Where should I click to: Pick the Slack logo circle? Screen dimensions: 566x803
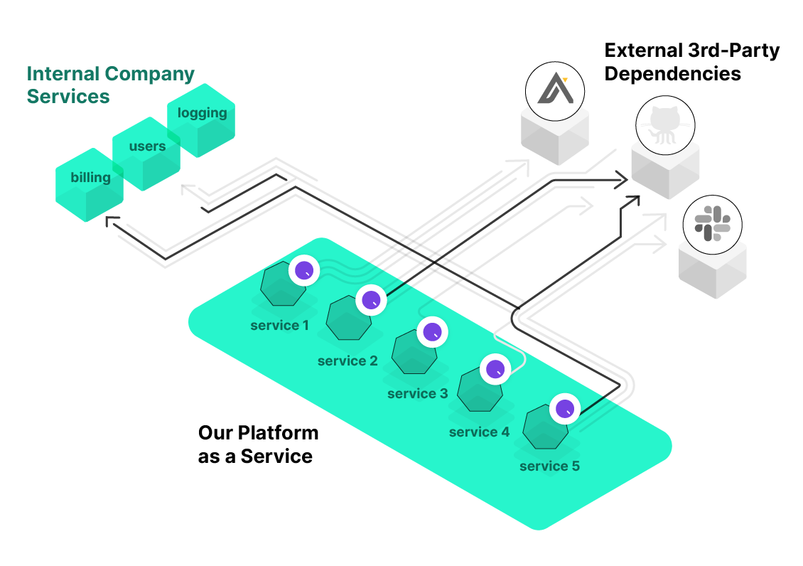click(712, 223)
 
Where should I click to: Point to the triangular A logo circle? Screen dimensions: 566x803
click(554, 90)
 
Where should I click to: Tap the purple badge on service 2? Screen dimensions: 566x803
click(370, 300)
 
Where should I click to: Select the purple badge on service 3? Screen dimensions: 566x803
click(431, 332)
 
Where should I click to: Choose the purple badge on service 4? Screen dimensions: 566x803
click(495, 369)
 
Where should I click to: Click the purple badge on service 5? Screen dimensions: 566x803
click(565, 409)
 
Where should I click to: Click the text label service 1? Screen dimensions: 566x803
click(279, 326)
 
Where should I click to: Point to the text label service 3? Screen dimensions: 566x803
click(417, 393)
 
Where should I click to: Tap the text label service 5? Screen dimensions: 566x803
click(549, 466)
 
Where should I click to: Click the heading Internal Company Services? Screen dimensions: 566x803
click(110, 85)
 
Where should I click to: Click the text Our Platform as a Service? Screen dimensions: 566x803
click(257, 444)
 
